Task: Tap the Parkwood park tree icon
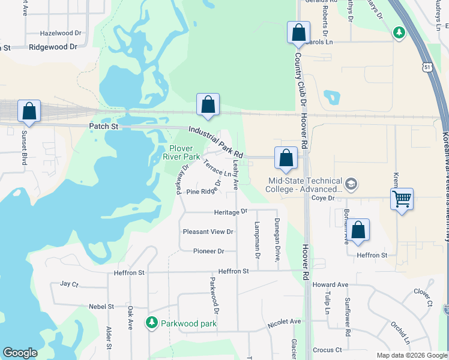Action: coord(152,323)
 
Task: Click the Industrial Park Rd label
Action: coord(215,142)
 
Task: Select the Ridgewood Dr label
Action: coord(53,46)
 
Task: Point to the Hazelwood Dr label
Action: coord(60,34)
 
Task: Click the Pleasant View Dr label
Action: coord(208,232)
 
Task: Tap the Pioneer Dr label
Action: coord(208,251)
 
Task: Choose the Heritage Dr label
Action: coord(231,212)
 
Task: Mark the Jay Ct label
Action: coord(70,284)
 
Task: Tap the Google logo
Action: coord(20,353)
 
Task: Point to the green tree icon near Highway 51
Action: coord(399,32)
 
